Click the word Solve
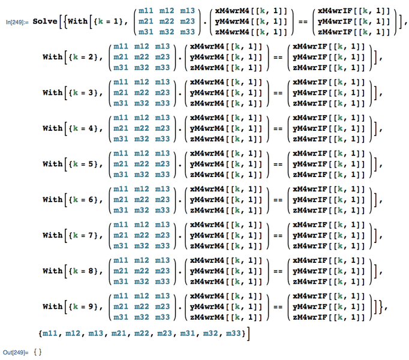click(45, 22)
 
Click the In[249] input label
click(17, 22)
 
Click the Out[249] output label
click(16, 352)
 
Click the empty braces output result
click(38, 352)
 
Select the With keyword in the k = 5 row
click(53, 164)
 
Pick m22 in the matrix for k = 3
click(142, 92)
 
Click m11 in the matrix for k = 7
click(121, 225)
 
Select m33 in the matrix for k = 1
click(187, 32)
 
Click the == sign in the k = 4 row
click(278, 129)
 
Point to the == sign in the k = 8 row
click(278, 272)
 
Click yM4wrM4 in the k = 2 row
click(207, 57)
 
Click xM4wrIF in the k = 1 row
click(335, 11)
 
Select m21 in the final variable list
click(119, 334)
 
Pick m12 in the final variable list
click(73, 334)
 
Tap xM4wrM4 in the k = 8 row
click(207, 260)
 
